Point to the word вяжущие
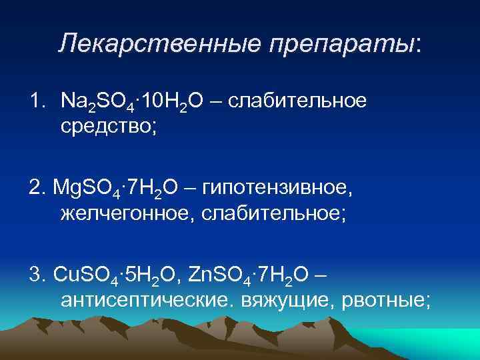click(286, 301)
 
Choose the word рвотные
click(379, 300)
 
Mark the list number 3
click(34, 276)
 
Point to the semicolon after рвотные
click(427, 301)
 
